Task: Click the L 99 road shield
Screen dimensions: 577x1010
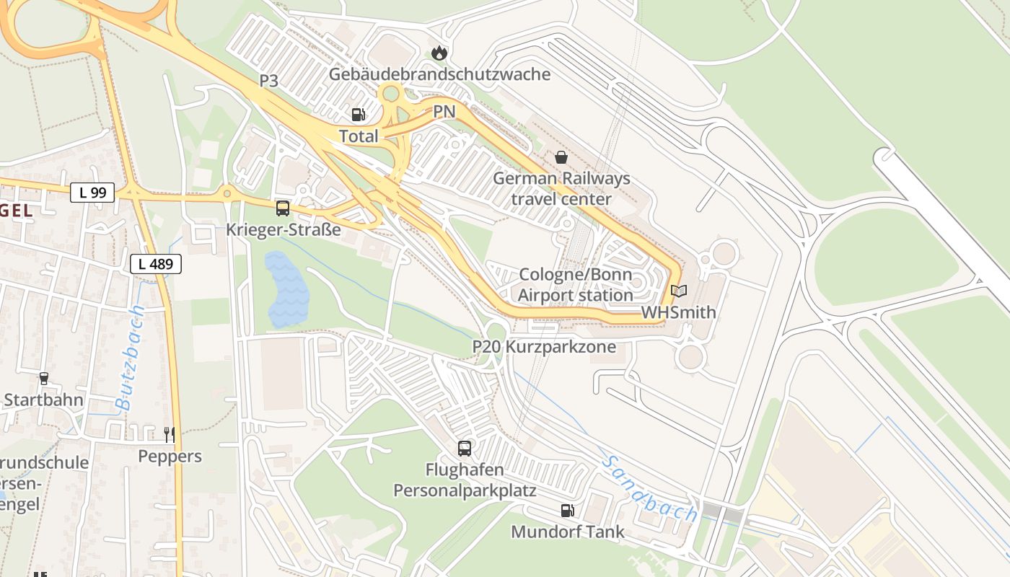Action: pyautogui.click(x=92, y=193)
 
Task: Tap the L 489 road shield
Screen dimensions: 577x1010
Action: pyautogui.click(x=156, y=264)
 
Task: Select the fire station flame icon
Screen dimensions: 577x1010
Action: pyautogui.click(x=439, y=53)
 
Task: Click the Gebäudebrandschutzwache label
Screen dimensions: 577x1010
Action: pyautogui.click(x=439, y=74)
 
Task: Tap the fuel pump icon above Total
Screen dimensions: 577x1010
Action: pyautogui.click(x=358, y=115)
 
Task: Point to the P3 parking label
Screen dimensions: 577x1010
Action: pyautogui.click(x=269, y=81)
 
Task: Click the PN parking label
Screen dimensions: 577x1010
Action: pyautogui.click(x=444, y=112)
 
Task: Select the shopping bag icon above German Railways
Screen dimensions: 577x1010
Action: pyautogui.click(x=561, y=157)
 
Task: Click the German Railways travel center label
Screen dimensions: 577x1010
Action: pyautogui.click(x=561, y=189)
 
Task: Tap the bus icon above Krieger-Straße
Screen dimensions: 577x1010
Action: pyautogui.click(x=283, y=208)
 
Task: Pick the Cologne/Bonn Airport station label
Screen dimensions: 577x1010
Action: pyautogui.click(x=575, y=285)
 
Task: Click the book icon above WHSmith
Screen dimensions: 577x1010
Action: pyautogui.click(x=678, y=291)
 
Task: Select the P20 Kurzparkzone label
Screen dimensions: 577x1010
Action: pyautogui.click(x=544, y=347)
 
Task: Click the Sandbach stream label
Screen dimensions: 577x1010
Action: pyautogui.click(x=649, y=489)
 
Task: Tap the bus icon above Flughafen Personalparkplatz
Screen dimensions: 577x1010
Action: pyautogui.click(x=465, y=448)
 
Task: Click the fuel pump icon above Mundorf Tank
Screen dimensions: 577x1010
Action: pyautogui.click(x=568, y=511)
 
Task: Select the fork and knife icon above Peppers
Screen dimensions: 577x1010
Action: pyautogui.click(x=170, y=434)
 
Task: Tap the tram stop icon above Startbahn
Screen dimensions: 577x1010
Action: pyautogui.click(x=43, y=378)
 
